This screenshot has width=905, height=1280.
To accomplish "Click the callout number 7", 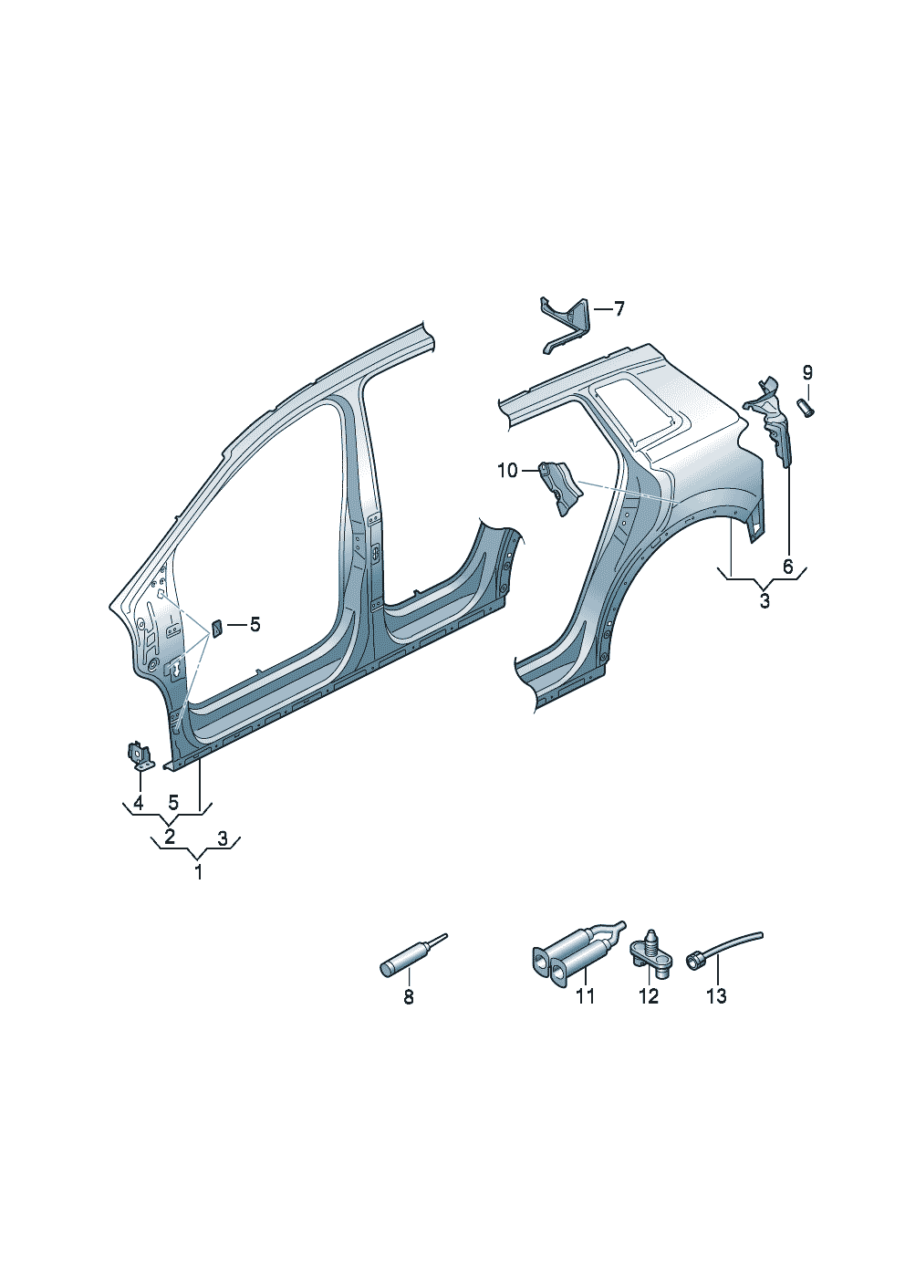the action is point(619,309).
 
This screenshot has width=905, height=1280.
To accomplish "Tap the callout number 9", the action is point(807,373).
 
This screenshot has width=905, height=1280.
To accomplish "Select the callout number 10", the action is point(507,471).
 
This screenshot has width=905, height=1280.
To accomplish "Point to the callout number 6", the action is point(788,567).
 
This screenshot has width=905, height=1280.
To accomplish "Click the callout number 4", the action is point(138,803).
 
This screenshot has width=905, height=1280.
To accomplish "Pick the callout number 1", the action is point(198,873).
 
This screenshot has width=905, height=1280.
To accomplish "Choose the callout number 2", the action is point(169,838).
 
